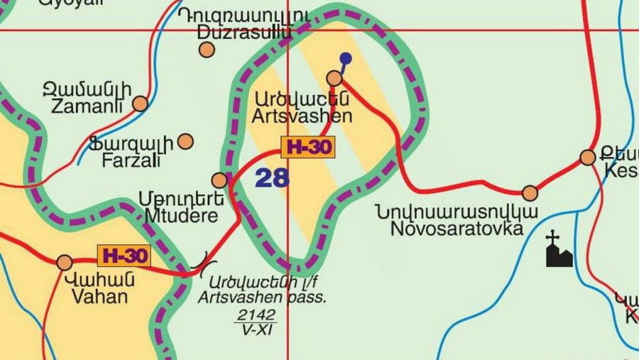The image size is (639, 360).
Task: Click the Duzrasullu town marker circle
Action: [x=207, y=50]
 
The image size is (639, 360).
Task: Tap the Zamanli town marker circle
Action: [x=140, y=104]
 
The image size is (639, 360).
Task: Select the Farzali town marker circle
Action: [x=185, y=141]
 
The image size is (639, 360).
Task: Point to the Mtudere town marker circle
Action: [x=220, y=180]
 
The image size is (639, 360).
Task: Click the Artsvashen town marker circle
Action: [x=334, y=77]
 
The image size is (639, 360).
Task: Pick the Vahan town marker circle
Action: [x=65, y=263]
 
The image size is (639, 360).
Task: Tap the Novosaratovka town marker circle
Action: [x=530, y=192]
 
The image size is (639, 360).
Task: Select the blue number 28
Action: [x=272, y=178]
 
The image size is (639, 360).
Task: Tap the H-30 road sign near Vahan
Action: [x=124, y=255]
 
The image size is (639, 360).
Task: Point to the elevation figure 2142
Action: [x=255, y=315]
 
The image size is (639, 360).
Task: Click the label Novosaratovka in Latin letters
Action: [x=457, y=229]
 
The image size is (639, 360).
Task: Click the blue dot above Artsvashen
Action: [x=345, y=58]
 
